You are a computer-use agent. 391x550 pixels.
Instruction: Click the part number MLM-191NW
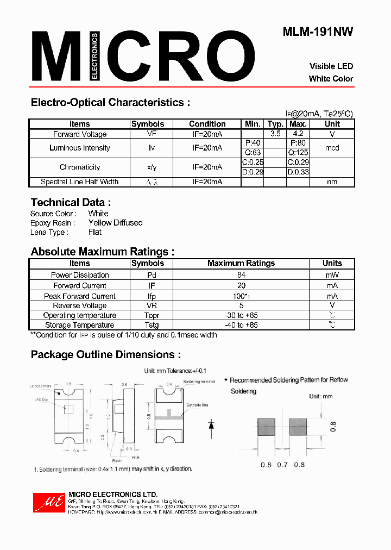click(x=318, y=32)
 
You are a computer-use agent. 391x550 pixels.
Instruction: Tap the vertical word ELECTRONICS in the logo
click(x=94, y=56)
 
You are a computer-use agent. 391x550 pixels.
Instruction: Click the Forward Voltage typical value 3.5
click(x=275, y=134)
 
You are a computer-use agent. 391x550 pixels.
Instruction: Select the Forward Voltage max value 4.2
click(x=298, y=134)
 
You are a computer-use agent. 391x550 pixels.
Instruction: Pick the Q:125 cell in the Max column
click(x=298, y=153)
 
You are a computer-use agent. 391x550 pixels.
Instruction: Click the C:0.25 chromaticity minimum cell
click(x=252, y=162)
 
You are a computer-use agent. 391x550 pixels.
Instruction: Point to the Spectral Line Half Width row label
click(x=79, y=182)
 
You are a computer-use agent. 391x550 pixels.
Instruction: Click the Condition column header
click(x=207, y=124)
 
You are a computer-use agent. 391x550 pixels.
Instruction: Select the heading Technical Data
click(x=71, y=202)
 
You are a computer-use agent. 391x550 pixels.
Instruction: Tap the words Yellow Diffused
click(x=115, y=223)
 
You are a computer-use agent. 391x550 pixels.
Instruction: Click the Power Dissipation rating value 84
click(x=241, y=275)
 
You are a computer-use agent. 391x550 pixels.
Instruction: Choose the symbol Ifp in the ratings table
click(x=147, y=296)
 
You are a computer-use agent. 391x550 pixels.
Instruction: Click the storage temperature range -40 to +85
click(x=241, y=325)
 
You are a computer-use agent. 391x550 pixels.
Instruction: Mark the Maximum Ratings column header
click(x=241, y=263)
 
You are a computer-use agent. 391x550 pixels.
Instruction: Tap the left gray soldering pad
click(x=267, y=427)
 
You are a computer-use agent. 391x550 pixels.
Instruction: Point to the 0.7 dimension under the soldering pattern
click(x=282, y=465)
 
